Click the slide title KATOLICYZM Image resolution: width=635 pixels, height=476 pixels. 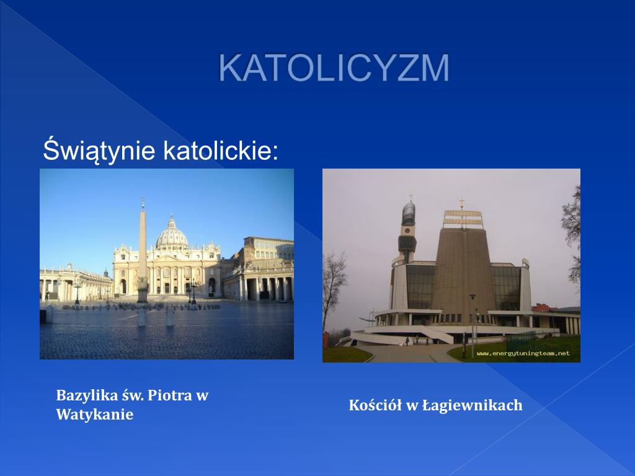tap(334, 68)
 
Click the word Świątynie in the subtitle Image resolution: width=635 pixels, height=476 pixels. tap(98, 151)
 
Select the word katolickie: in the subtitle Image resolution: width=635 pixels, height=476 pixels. tap(221, 151)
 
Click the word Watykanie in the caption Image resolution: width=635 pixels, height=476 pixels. tap(95, 415)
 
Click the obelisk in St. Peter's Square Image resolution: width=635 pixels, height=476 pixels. tap(143, 248)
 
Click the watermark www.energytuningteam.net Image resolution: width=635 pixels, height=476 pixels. tap(523, 353)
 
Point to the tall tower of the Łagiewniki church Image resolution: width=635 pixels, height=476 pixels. tap(407, 229)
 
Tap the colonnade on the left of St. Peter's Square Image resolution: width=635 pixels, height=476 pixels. tap(68, 285)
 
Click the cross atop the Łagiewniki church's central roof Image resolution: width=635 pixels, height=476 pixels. tap(461, 203)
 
